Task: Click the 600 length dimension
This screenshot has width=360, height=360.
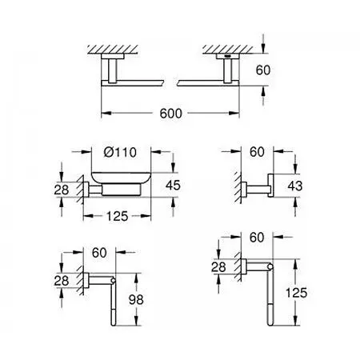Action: click(170, 114)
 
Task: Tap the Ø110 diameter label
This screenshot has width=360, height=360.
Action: click(120, 152)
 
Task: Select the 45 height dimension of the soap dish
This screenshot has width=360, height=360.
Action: click(173, 185)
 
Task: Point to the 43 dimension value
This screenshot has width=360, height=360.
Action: click(295, 186)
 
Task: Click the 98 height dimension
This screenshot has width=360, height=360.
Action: click(136, 299)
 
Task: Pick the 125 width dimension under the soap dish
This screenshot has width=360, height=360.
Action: click(118, 216)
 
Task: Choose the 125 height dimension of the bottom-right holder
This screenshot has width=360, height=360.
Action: click(296, 293)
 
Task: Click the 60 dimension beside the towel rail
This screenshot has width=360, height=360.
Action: click(263, 70)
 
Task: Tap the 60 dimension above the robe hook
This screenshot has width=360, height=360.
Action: click(257, 152)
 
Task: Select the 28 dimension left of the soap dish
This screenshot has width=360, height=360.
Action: click(62, 190)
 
